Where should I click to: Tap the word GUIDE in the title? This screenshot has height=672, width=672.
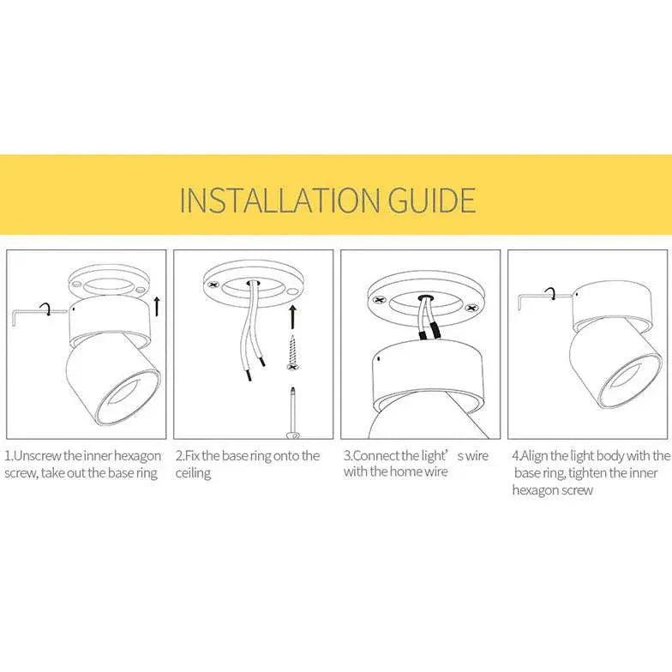pyautogui.click(x=433, y=199)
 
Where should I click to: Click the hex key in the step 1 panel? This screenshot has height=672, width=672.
pyautogui.click(x=30, y=314)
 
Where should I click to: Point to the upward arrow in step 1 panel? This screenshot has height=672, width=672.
pyautogui.click(x=156, y=305)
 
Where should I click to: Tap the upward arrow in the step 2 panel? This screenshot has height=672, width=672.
pyautogui.click(x=292, y=316)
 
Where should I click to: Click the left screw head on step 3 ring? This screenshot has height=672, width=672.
pyautogui.click(x=378, y=301)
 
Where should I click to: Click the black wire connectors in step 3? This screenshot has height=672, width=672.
pyautogui.click(x=429, y=330)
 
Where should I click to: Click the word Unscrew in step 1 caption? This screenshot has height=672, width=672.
pyautogui.click(x=39, y=455)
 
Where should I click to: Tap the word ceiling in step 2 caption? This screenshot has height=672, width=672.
pyautogui.click(x=193, y=473)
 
